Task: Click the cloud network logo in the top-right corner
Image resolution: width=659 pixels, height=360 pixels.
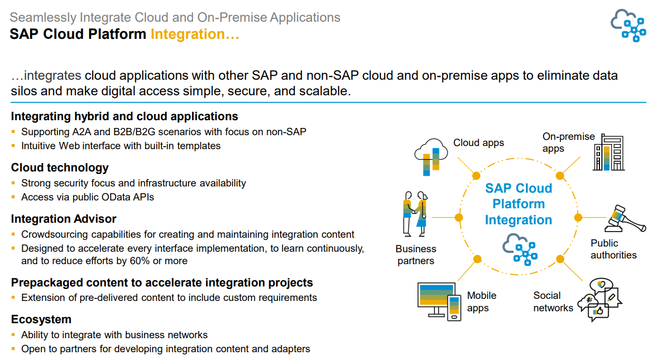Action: point(628,25)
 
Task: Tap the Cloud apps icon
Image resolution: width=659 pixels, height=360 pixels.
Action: point(431,154)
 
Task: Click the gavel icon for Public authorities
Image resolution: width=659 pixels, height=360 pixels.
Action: point(624,220)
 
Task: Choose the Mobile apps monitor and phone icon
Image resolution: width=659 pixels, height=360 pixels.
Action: point(439,301)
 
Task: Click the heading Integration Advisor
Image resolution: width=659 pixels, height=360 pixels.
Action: point(64,219)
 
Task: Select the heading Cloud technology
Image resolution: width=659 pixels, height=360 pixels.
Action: point(60,167)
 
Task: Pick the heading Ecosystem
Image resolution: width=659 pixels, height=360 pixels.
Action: point(41,319)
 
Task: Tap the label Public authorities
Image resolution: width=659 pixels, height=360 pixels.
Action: point(613,249)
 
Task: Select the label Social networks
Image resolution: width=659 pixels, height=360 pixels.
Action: point(553,301)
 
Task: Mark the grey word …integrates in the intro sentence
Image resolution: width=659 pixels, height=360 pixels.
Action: point(46,75)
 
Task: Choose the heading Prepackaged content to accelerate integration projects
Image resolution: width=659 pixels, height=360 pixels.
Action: point(162,282)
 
